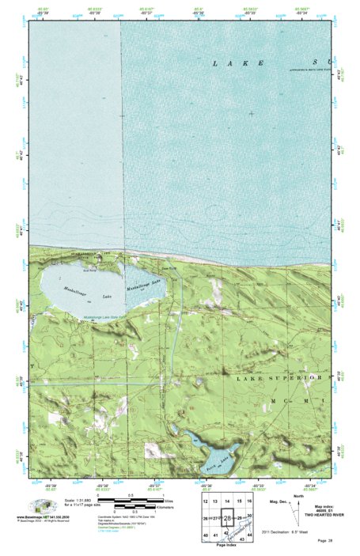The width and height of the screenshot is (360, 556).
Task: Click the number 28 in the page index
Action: [228, 518]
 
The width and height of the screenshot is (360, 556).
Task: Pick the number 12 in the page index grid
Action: [206, 503]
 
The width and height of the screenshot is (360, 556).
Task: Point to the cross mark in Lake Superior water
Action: [252, 114]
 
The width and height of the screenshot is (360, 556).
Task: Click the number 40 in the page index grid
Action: [206, 536]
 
